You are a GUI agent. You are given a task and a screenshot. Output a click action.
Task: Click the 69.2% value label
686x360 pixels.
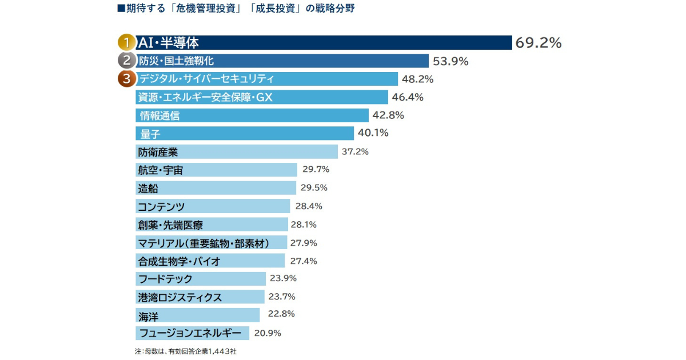[539, 43]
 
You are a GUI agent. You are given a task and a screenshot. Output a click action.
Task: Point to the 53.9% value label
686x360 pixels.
[451, 61]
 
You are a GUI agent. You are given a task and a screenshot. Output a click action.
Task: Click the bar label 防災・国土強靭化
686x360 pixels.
[176, 61]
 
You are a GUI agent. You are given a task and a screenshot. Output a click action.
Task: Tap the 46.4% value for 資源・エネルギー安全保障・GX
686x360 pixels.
[408, 97]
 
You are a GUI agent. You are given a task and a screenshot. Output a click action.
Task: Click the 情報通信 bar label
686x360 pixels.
[160, 115]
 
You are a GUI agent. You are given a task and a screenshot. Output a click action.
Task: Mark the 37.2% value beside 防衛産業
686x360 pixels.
[355, 151]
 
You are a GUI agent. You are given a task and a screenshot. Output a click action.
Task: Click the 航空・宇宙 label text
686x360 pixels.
[160, 170]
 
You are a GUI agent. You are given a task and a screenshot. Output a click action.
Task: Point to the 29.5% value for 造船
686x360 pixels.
[314, 187]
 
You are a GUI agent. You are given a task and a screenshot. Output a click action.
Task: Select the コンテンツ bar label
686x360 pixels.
[161, 206]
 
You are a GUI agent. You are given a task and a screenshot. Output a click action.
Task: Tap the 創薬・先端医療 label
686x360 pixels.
[170, 225]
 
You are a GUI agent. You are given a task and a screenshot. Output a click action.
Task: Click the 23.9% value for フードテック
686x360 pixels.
[283, 278]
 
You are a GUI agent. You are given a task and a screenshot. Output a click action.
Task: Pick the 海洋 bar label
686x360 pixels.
[147, 315]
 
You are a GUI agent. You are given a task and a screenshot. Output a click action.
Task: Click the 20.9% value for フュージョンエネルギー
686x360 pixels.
[267, 333]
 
